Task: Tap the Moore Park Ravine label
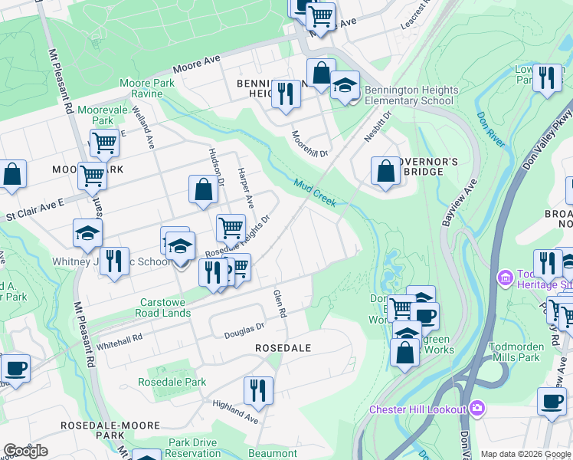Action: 140,88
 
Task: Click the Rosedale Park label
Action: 172,382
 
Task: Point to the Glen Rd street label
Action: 280,304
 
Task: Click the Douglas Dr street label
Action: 244,330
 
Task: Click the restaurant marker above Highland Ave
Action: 258,390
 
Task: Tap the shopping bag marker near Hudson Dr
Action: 203,190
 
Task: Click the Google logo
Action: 25,450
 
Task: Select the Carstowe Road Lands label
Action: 165,307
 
